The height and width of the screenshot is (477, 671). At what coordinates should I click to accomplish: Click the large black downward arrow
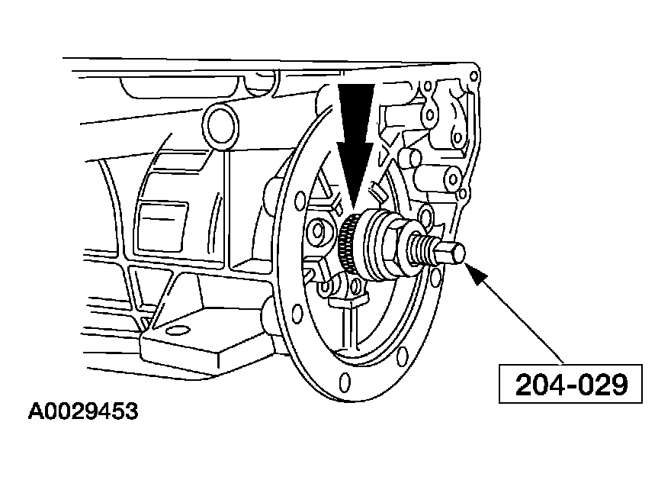(x=355, y=146)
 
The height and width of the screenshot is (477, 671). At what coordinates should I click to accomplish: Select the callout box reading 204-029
(x=570, y=384)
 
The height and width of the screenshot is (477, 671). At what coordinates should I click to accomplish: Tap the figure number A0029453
(x=83, y=411)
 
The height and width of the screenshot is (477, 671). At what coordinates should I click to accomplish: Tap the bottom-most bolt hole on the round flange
(x=345, y=382)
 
